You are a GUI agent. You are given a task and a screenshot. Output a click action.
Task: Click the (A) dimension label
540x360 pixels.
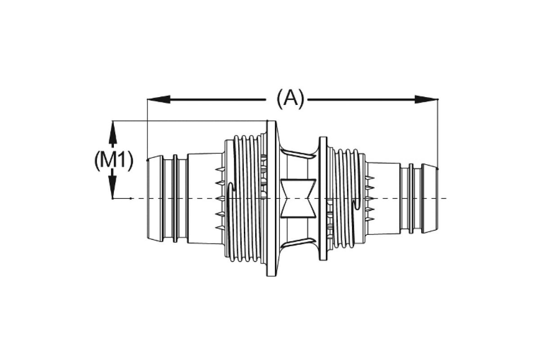(x=290, y=99)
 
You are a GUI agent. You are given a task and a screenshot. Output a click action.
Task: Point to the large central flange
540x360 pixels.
(x=271, y=198)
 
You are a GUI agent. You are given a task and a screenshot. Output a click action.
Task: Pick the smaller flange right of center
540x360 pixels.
(x=323, y=198)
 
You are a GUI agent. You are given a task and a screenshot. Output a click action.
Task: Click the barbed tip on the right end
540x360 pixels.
(x=430, y=198)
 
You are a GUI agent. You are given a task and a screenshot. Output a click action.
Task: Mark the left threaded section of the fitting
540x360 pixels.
(x=245, y=198)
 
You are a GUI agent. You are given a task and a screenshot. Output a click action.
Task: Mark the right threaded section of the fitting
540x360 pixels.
(x=346, y=198)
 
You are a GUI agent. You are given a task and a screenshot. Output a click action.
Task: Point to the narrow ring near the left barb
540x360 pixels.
(x=175, y=198)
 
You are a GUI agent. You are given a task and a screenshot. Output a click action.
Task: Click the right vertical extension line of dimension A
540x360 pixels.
(x=438, y=130)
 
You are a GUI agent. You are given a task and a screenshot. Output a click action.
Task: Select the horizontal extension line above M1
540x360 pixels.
(x=189, y=121)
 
